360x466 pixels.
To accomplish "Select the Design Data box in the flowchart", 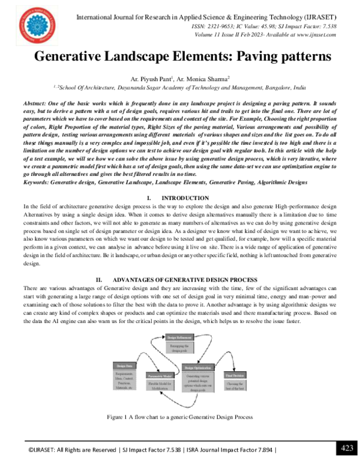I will (127, 365).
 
